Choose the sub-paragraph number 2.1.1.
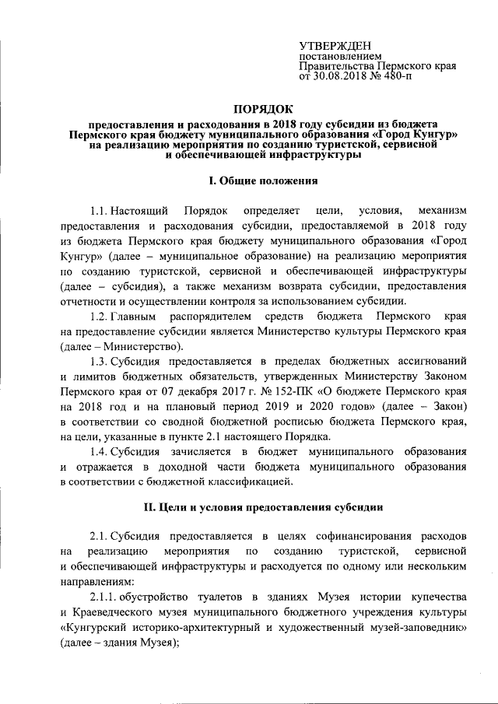[103, 596]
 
